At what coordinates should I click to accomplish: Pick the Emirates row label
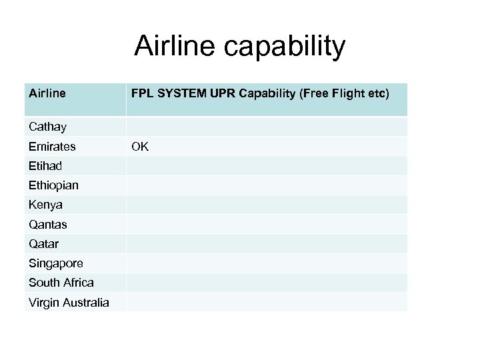(53, 146)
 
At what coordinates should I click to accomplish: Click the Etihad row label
(45, 165)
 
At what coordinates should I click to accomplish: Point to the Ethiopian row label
(54, 185)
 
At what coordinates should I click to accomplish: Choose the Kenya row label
(46, 205)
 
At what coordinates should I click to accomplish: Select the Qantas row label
(48, 225)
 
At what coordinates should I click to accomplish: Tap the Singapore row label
(55, 263)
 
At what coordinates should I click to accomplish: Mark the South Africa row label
(61, 283)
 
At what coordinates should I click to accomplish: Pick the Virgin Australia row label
(69, 303)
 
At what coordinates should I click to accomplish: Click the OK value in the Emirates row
(140, 146)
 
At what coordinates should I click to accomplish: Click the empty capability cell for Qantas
(266, 225)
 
